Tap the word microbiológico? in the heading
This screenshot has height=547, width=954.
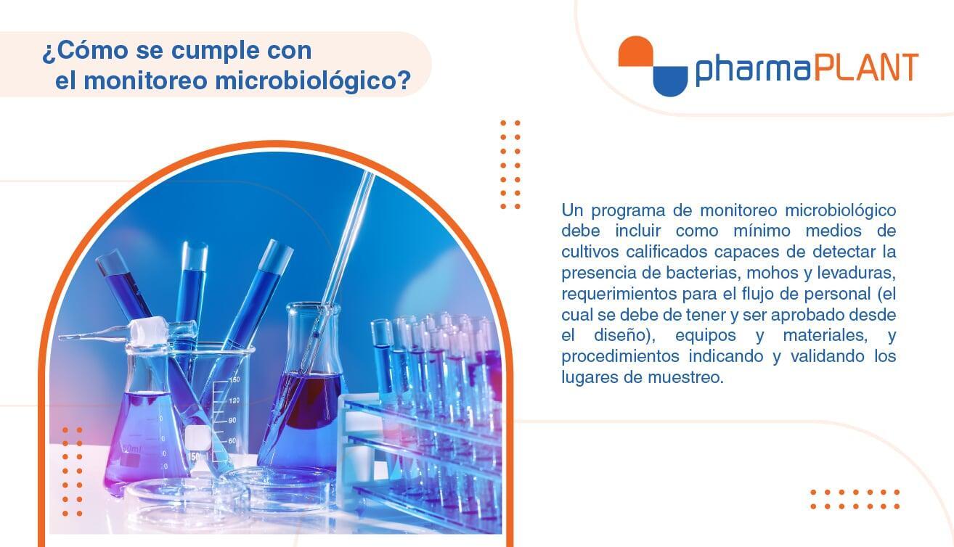(x=313, y=81)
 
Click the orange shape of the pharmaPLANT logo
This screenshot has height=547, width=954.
(x=636, y=52)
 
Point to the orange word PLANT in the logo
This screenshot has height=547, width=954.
(x=866, y=67)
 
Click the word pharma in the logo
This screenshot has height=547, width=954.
(x=753, y=69)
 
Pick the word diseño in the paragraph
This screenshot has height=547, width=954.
(x=623, y=335)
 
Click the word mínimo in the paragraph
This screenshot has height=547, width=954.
(x=762, y=231)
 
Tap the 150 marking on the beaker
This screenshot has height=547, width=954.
(x=235, y=379)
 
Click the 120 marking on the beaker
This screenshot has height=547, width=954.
(x=235, y=400)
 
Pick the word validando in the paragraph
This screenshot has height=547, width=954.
(x=828, y=356)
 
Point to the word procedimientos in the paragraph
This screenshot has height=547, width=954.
(x=620, y=357)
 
